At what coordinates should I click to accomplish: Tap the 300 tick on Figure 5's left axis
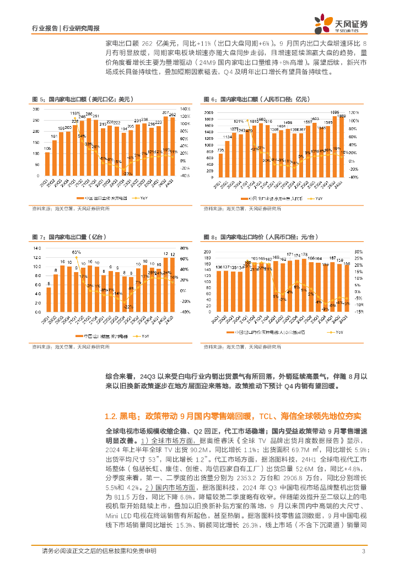[35, 109]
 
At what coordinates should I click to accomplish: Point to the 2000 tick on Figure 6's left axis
[209, 112]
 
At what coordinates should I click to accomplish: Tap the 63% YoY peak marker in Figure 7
[76, 257]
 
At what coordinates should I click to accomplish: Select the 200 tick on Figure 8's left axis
[209, 252]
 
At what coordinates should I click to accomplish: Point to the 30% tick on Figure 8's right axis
[357, 252]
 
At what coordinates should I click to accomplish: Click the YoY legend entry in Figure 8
[337, 333]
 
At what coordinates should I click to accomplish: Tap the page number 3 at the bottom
[363, 551]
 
